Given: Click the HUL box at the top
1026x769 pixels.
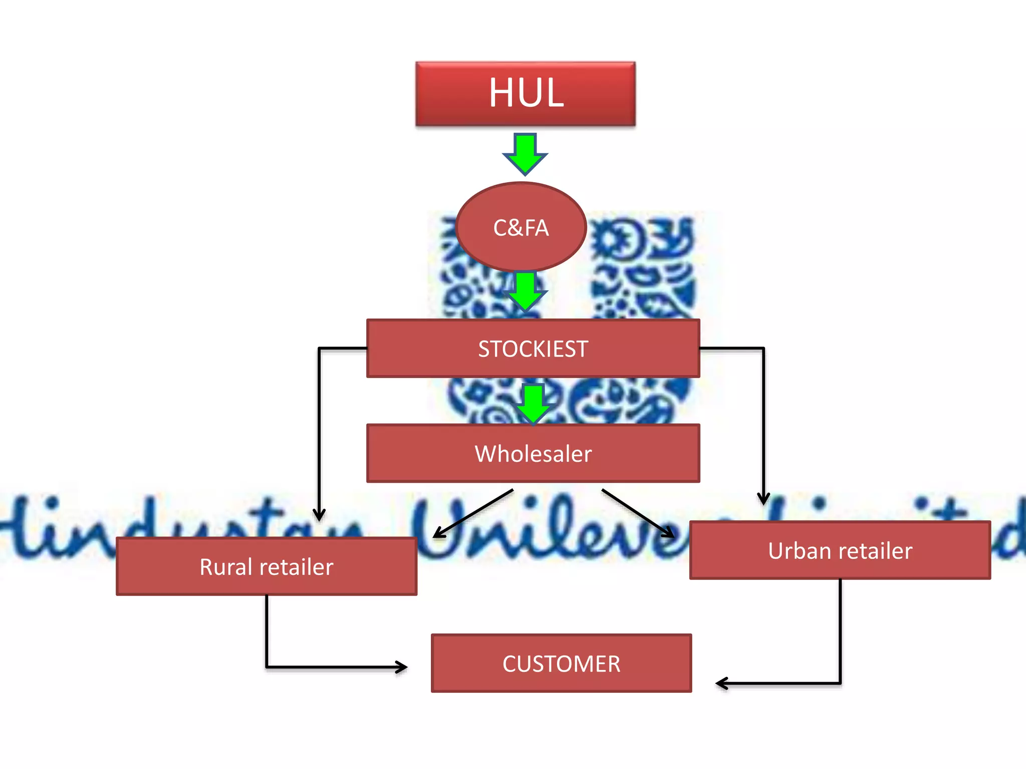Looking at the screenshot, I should click(526, 94).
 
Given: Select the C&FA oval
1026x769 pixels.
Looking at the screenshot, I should click(521, 228).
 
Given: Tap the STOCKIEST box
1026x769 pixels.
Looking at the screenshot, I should click(533, 348).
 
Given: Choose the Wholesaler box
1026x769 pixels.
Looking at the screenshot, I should click(533, 454).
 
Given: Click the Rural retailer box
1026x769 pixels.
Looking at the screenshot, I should click(267, 567).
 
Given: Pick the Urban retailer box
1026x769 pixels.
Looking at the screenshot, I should click(840, 551).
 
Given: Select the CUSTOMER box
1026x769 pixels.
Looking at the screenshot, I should click(561, 664).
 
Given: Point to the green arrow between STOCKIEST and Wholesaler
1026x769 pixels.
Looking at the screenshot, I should click(533, 404).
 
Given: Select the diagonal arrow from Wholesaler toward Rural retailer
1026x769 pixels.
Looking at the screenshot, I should click(473, 514).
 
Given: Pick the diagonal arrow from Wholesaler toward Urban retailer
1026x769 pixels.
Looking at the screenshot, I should click(639, 514).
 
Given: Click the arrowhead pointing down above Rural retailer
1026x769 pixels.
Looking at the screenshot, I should click(319, 514).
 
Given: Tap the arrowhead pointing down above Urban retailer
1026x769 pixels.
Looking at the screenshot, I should click(763, 498).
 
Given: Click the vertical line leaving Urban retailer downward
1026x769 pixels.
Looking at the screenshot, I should click(840, 631).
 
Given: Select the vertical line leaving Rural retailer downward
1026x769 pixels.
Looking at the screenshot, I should click(267, 631).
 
